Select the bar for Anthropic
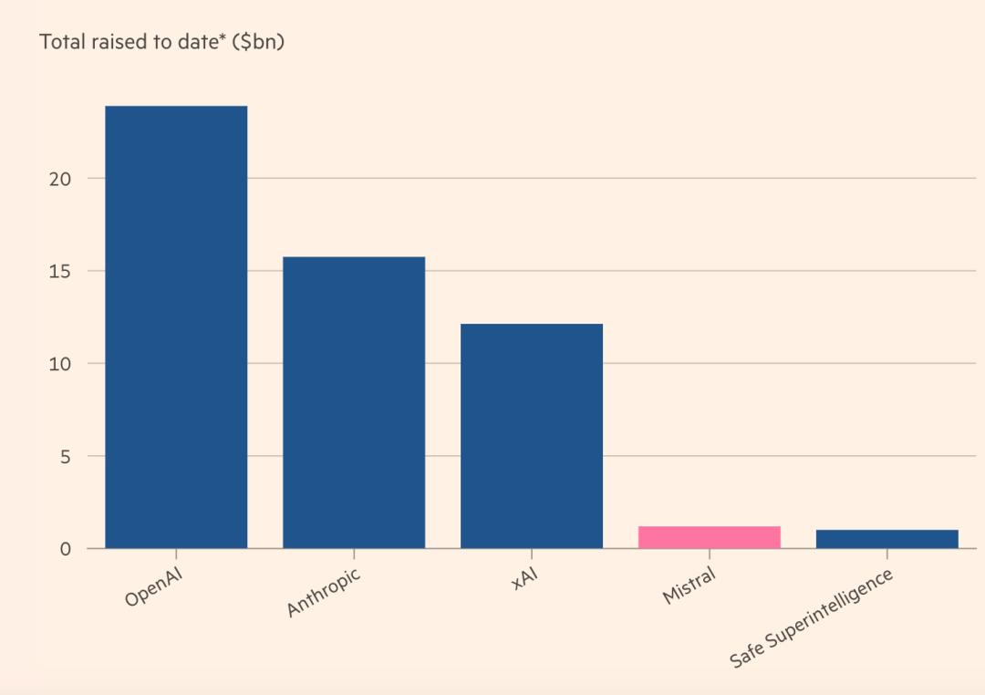pyautogui.click(x=354, y=402)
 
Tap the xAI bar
pyautogui.click(x=532, y=436)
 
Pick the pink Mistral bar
pyautogui.click(x=710, y=537)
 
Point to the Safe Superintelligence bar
pyautogui.click(x=886, y=539)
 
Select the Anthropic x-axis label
pyautogui.click(x=324, y=592)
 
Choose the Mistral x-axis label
pyautogui.click(x=689, y=586)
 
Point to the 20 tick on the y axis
pyautogui.click(x=60, y=179)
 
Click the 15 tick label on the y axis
pyautogui.click(x=60, y=271)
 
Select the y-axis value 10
pyautogui.click(x=60, y=364)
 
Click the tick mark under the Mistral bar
pyautogui.click(x=710, y=554)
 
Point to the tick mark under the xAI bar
pyautogui.click(x=532, y=554)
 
